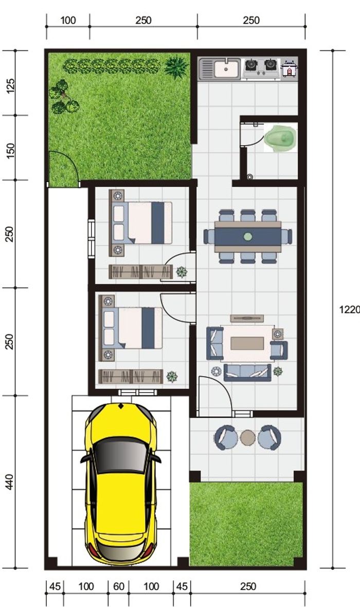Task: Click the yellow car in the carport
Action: [120, 484]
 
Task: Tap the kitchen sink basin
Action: [226, 69]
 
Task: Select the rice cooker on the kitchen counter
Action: [289, 69]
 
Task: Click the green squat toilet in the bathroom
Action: [280, 137]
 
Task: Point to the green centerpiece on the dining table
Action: [248, 236]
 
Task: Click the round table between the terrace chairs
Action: [248, 438]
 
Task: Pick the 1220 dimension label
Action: [350, 310]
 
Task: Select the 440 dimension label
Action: [10, 482]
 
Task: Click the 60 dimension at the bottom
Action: [118, 586]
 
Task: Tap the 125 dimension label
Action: [10, 85]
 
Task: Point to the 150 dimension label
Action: [10, 150]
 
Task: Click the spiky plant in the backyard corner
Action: [176, 67]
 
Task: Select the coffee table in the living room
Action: [247, 343]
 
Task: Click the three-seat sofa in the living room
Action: [247, 372]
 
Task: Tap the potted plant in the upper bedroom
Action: [182, 272]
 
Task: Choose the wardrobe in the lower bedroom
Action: [131, 376]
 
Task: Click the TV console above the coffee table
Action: [247, 318]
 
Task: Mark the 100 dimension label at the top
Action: [68, 21]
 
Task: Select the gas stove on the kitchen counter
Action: [261, 69]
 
